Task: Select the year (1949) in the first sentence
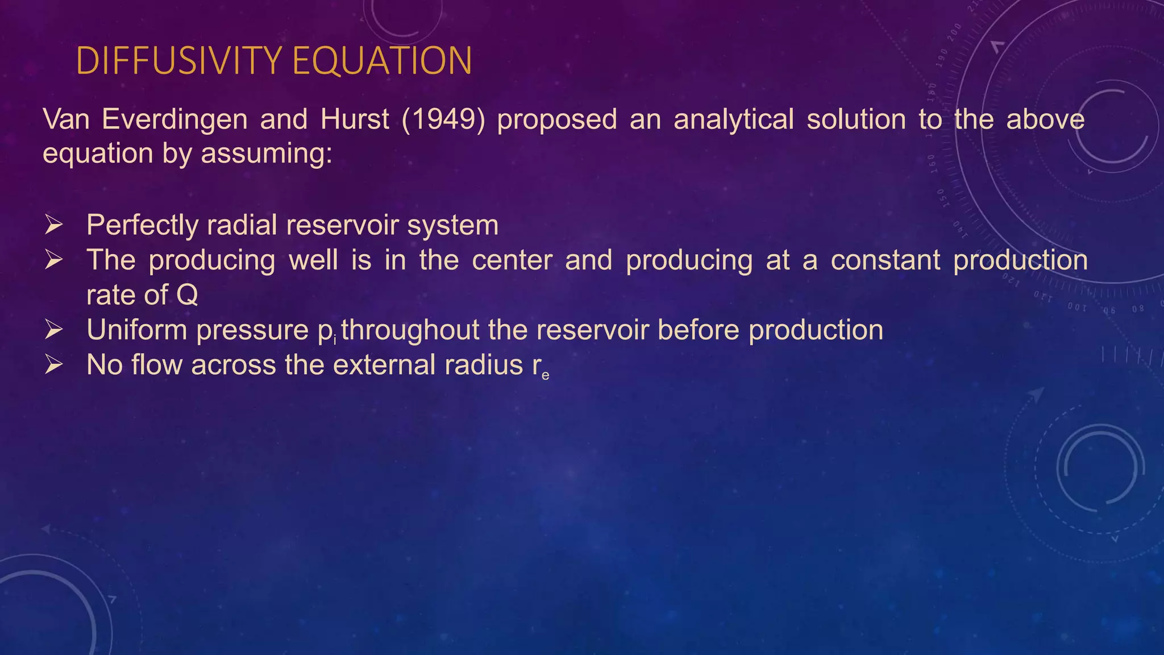(443, 119)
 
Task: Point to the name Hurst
(355, 119)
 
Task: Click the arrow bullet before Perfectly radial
(53, 225)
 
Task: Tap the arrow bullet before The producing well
(53, 260)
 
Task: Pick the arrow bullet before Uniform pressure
(53, 330)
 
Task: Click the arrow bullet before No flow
(53, 365)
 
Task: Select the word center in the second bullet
(512, 260)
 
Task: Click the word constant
(885, 260)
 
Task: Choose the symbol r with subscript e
(541, 367)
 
